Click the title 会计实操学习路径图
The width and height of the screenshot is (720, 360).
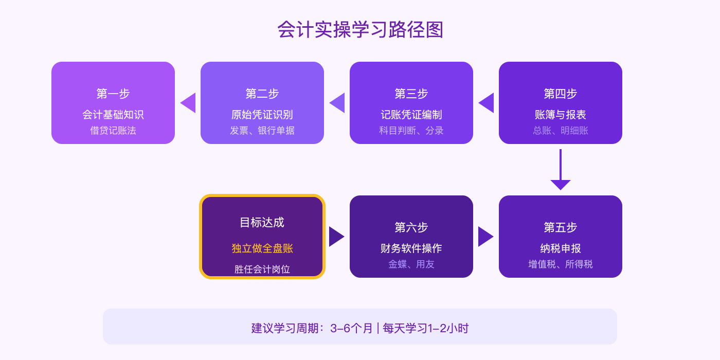pyautogui.click(x=360, y=30)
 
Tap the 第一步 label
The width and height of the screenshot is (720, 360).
pyautogui.click(x=113, y=94)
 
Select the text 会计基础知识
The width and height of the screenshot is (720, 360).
pyautogui.click(x=113, y=115)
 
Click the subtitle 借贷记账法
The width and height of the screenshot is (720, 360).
pyautogui.click(x=113, y=131)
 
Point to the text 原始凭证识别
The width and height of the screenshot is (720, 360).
pyautogui.click(x=262, y=115)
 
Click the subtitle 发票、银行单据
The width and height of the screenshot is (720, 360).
pyautogui.click(x=262, y=131)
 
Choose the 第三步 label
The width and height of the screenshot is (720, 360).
pyautogui.click(x=411, y=94)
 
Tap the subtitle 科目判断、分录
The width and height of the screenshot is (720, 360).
pyautogui.click(x=411, y=131)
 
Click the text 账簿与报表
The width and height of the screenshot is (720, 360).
pyautogui.click(x=561, y=115)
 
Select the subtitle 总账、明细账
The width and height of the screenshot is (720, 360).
pyautogui.click(x=561, y=131)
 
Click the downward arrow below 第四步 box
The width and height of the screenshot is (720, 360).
pyautogui.click(x=561, y=172)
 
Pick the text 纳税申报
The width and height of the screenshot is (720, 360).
pyautogui.click(x=561, y=248)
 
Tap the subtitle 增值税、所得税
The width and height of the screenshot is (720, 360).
pyautogui.click(x=561, y=264)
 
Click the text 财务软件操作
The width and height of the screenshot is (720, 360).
pyautogui.click(x=411, y=248)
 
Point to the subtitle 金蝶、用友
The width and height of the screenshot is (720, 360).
pyautogui.click(x=411, y=264)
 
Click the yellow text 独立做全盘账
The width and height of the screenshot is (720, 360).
pyautogui.click(x=262, y=248)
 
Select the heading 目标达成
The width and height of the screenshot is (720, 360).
pyautogui.click(x=262, y=222)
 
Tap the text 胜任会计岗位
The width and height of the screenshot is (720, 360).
pyautogui.click(x=262, y=269)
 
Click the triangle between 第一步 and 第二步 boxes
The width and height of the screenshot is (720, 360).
pyautogui.click(x=189, y=103)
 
